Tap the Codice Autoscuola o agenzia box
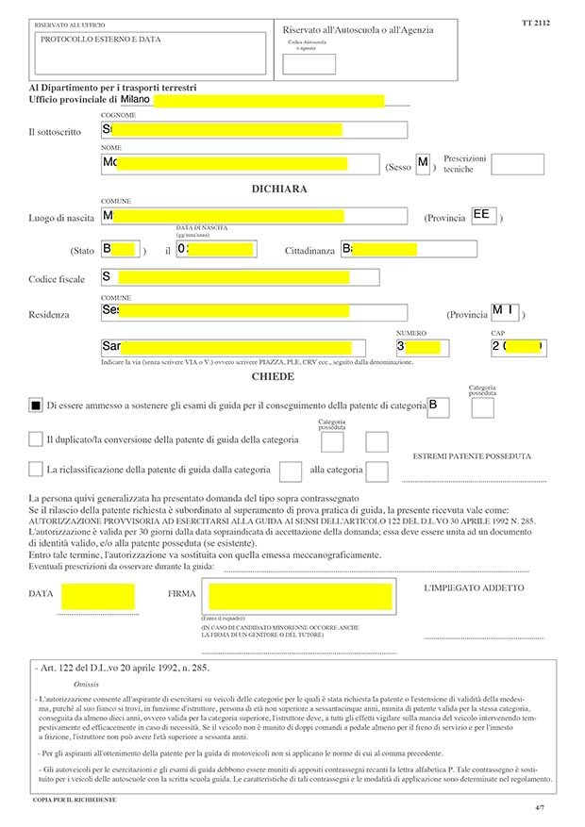click(309, 64)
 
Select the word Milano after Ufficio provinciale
click(136, 98)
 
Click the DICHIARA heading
click(278, 189)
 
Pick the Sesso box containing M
click(423, 164)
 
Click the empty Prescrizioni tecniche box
click(517, 164)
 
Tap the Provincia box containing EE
click(484, 216)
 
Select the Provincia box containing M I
click(506, 312)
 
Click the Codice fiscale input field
click(240, 277)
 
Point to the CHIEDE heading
click(273, 376)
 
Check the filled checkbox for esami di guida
click(36, 405)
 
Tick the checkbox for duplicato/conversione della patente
click(36, 439)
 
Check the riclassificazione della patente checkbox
click(36, 469)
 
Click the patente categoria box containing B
click(437, 405)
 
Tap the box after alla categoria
click(377, 471)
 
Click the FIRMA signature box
click(296, 597)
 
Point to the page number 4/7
click(540, 808)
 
